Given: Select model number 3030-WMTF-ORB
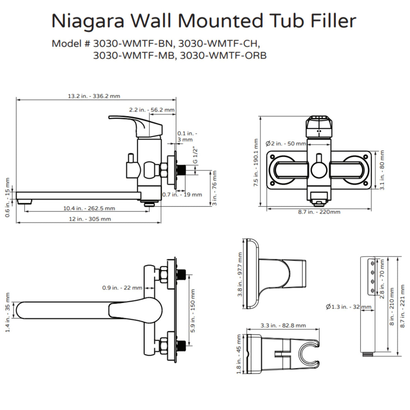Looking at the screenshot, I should (x=223, y=55).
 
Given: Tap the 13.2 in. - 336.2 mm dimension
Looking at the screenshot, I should (x=94, y=96).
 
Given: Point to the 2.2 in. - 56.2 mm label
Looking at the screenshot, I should (x=152, y=110).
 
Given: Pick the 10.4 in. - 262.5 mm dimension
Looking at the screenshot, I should (x=89, y=208).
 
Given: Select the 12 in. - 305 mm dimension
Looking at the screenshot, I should (x=90, y=219).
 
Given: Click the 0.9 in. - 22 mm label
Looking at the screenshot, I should (x=122, y=288).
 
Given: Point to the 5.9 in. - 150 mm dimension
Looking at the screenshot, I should (x=193, y=311).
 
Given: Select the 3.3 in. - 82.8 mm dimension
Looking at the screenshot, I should (x=283, y=325).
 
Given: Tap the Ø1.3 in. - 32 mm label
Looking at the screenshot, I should (x=348, y=307).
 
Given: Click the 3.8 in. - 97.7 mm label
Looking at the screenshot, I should (x=240, y=275).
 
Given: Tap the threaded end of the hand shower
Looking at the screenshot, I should (x=368, y=355).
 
